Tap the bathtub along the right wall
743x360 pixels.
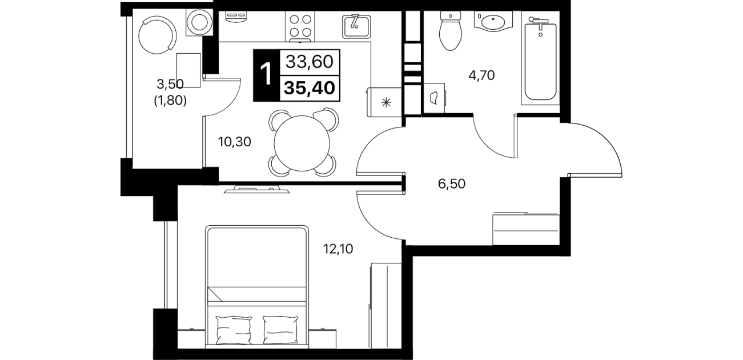click(540, 58)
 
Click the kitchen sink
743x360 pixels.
click(356, 26)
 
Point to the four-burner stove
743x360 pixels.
click(300, 26)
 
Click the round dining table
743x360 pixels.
click(302, 143)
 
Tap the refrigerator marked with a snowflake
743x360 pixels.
click(384, 102)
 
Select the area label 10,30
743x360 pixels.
click(235, 142)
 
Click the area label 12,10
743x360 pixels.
click(338, 248)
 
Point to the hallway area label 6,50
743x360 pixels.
click(452, 183)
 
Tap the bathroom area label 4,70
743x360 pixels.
click(481, 75)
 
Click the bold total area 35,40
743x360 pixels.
click(310, 88)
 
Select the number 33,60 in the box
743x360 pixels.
click(310, 62)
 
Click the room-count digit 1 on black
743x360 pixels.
click(266, 75)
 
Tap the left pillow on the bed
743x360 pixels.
click(234, 331)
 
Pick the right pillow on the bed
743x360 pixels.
click(280, 331)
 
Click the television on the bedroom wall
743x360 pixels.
click(256, 190)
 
